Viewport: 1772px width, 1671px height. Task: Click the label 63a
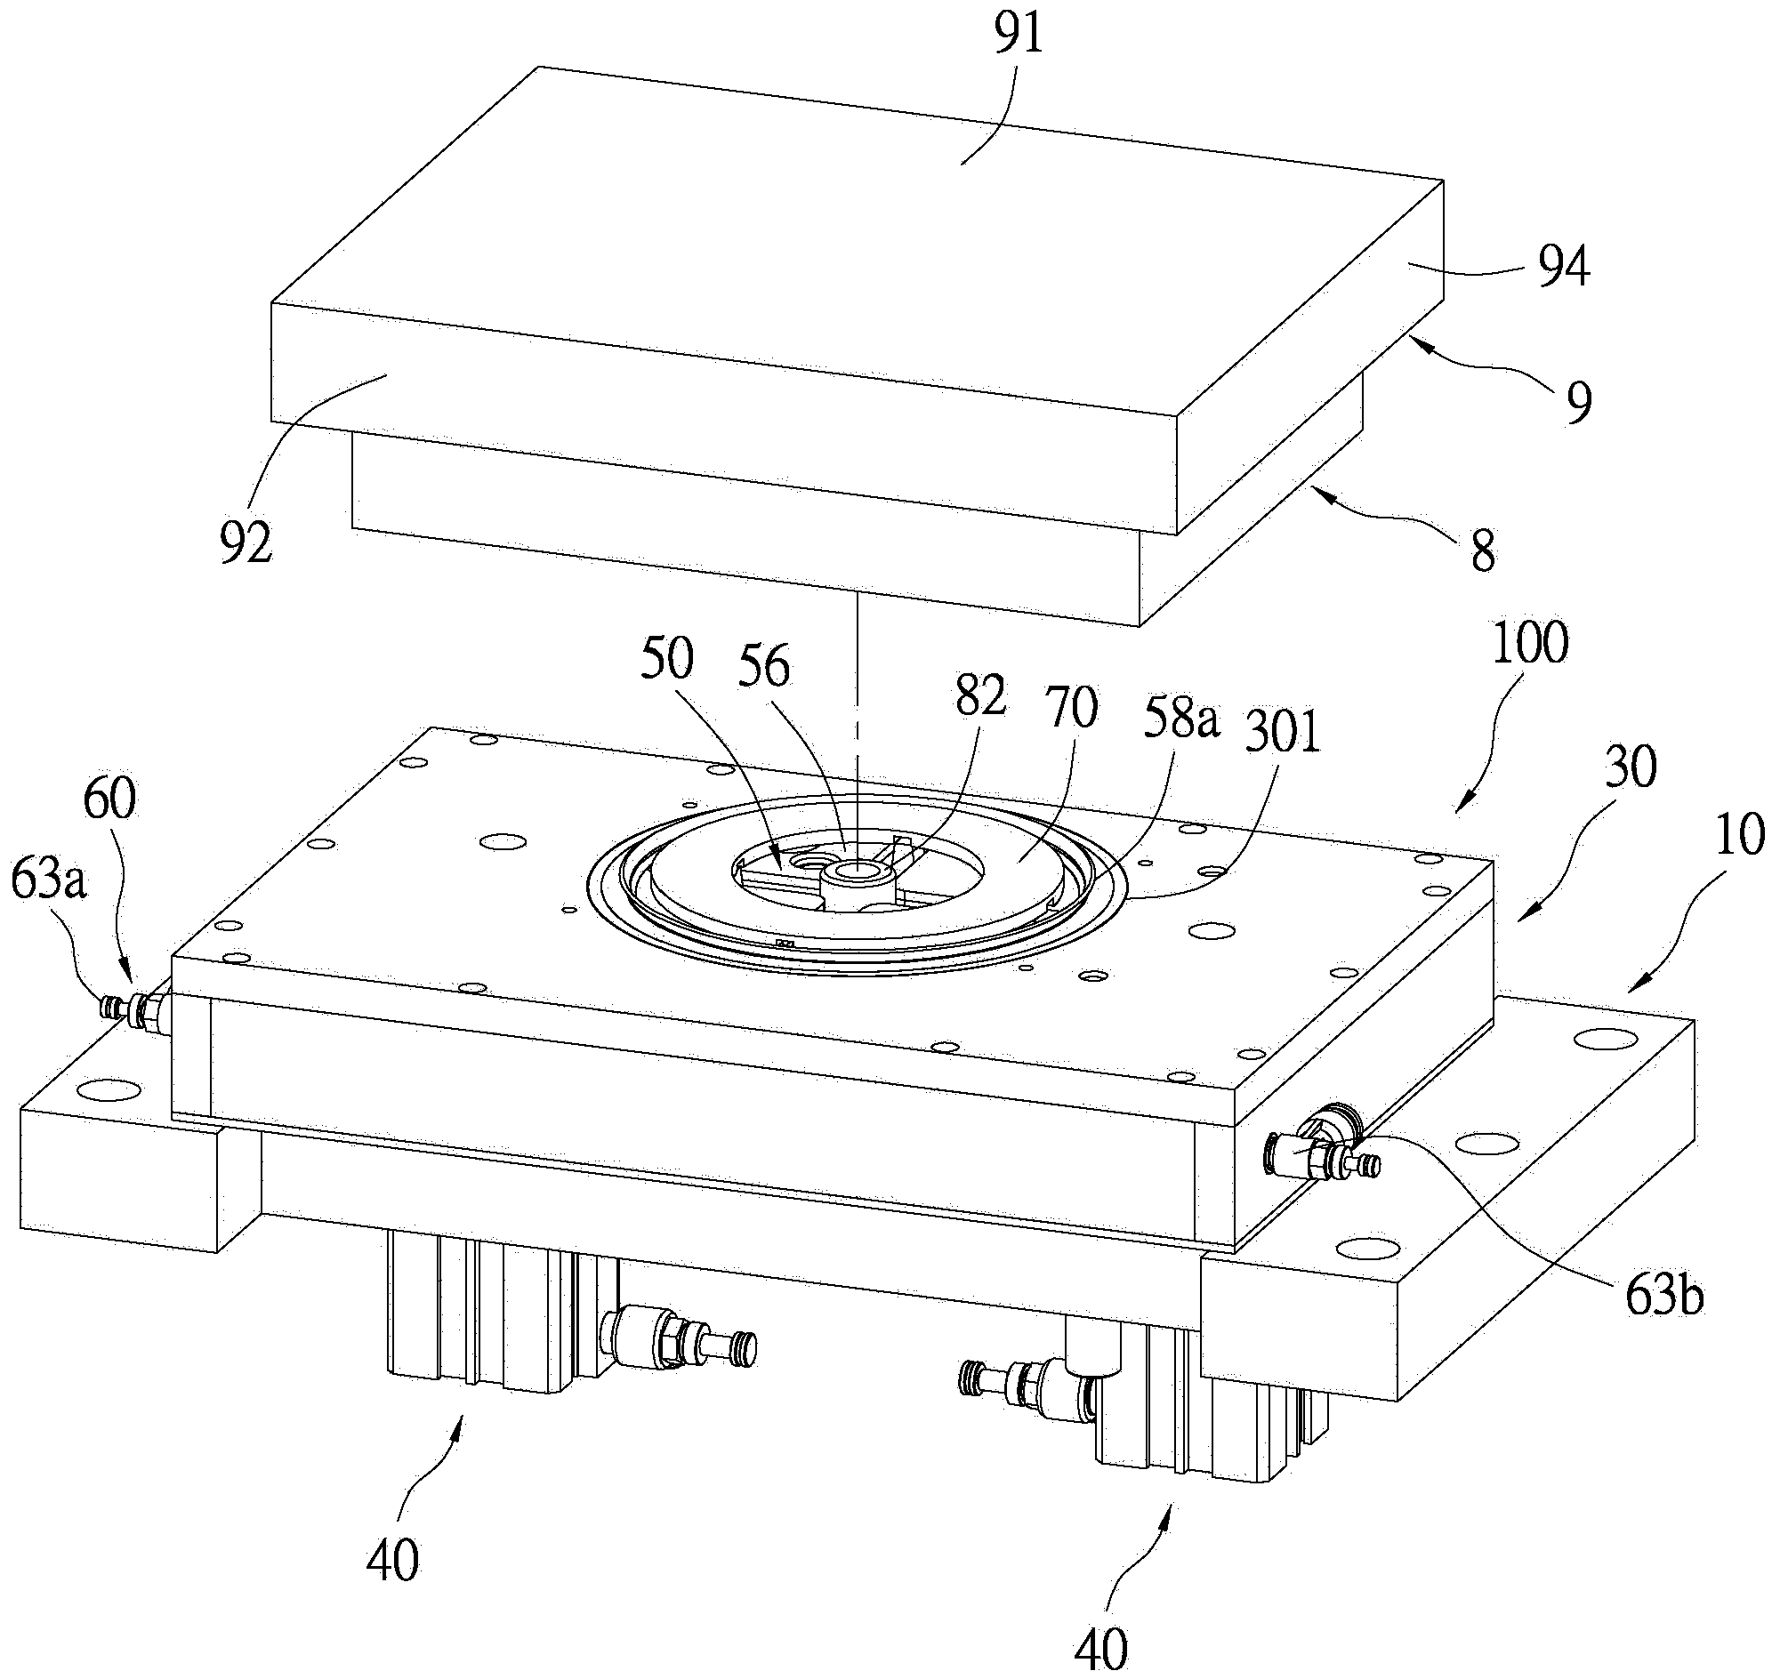click(x=49, y=881)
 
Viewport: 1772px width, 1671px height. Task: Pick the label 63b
click(x=1664, y=1297)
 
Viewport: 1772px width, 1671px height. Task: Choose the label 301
click(x=1284, y=735)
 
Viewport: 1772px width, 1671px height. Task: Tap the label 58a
click(x=1181, y=720)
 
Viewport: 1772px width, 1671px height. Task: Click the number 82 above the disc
click(x=980, y=696)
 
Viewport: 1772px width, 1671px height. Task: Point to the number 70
click(x=1073, y=709)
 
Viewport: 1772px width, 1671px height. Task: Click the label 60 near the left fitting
click(x=109, y=799)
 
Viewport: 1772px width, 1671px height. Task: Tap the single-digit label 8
click(x=1482, y=551)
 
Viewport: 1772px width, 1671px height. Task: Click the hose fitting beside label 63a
click(x=133, y=1011)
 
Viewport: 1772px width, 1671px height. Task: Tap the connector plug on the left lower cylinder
click(x=680, y=1336)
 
